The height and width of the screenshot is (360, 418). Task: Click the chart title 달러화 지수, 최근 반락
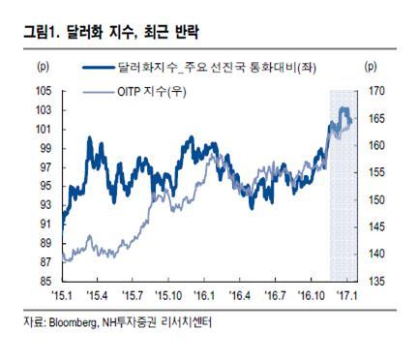[133, 32]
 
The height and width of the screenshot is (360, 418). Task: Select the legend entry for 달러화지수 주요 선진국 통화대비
[199, 68]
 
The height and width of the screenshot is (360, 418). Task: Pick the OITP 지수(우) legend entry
[134, 92]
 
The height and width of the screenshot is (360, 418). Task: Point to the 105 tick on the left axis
[44, 91]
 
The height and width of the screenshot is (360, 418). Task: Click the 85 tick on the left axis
[45, 282]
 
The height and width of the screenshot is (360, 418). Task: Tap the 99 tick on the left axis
[45, 148]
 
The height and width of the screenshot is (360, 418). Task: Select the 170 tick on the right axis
[376, 91]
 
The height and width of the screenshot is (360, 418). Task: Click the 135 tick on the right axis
[376, 282]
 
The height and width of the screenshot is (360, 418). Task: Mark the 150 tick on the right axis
[376, 200]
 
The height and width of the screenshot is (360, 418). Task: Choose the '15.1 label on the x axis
[62, 295]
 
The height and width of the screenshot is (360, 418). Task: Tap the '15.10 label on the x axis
[167, 295]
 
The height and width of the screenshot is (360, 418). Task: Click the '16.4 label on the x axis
[239, 295]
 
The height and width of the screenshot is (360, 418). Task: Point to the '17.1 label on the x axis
[346, 295]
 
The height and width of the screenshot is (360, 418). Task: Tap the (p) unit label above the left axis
[44, 67]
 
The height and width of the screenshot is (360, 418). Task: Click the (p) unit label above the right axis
[371, 67]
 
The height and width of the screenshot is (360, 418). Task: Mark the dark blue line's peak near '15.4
[89, 137]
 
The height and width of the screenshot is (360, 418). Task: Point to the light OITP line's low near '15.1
[67, 261]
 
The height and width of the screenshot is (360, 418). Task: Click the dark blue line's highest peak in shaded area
[343, 108]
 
